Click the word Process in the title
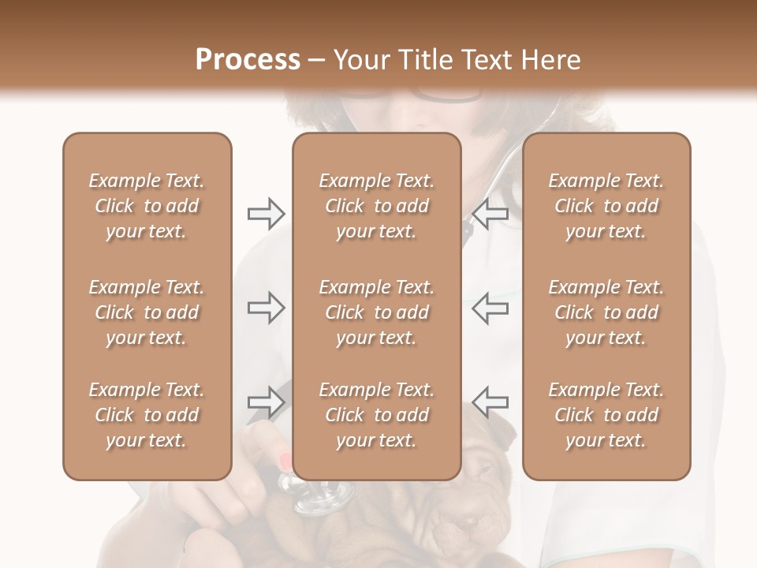248,60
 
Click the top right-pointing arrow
266,214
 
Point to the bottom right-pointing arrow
266,402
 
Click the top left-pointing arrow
490,214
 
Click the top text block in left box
147,206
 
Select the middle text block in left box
147,312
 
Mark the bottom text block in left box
147,415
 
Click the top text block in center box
376,206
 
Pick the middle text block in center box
376,312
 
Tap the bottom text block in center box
376,415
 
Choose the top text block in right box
606,206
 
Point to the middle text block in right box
606,312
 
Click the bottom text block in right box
606,415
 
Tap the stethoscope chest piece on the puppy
323,497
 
